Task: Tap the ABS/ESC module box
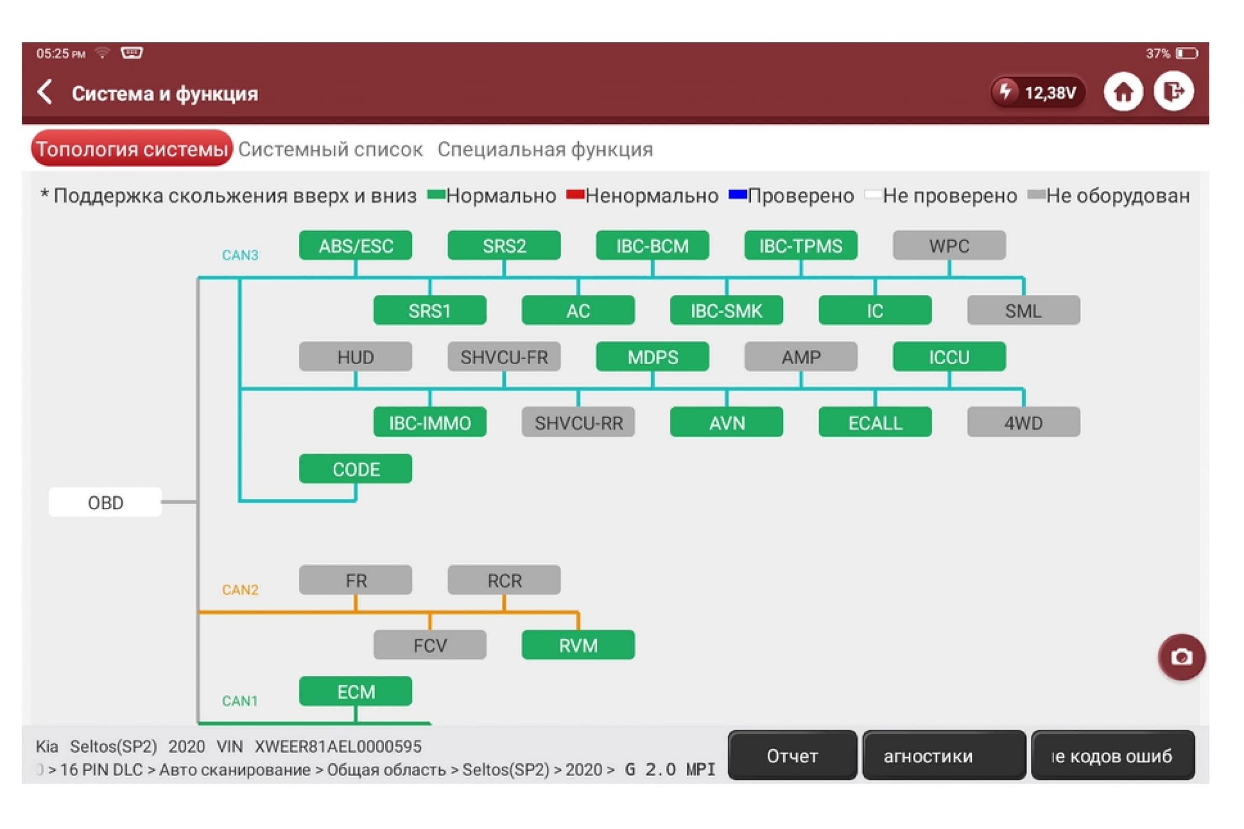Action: (x=356, y=245)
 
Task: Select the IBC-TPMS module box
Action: (x=801, y=245)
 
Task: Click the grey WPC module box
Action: (x=950, y=245)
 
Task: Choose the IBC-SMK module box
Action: (x=727, y=310)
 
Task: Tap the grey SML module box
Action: (x=1023, y=310)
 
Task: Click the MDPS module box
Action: (x=653, y=357)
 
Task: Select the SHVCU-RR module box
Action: (x=578, y=422)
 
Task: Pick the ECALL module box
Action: (x=875, y=422)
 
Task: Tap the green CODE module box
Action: (x=356, y=469)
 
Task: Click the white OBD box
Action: (x=105, y=502)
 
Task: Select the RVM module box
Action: (x=578, y=645)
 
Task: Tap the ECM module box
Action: (x=356, y=692)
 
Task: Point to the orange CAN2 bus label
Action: (x=240, y=590)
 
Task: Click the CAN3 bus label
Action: (x=240, y=255)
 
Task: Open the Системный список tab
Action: (x=331, y=150)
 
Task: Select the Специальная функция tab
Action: (x=545, y=150)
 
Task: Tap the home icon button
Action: (x=1123, y=92)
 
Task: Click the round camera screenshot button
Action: (x=1182, y=657)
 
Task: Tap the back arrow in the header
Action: (x=46, y=92)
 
